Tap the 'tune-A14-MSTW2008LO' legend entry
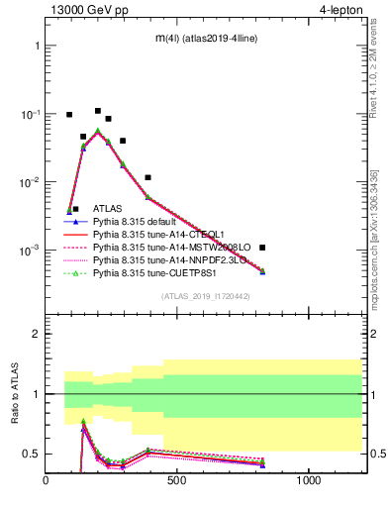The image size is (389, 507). (x=165, y=248)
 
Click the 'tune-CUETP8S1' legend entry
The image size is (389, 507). (x=153, y=273)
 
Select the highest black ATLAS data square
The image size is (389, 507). (x=98, y=111)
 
